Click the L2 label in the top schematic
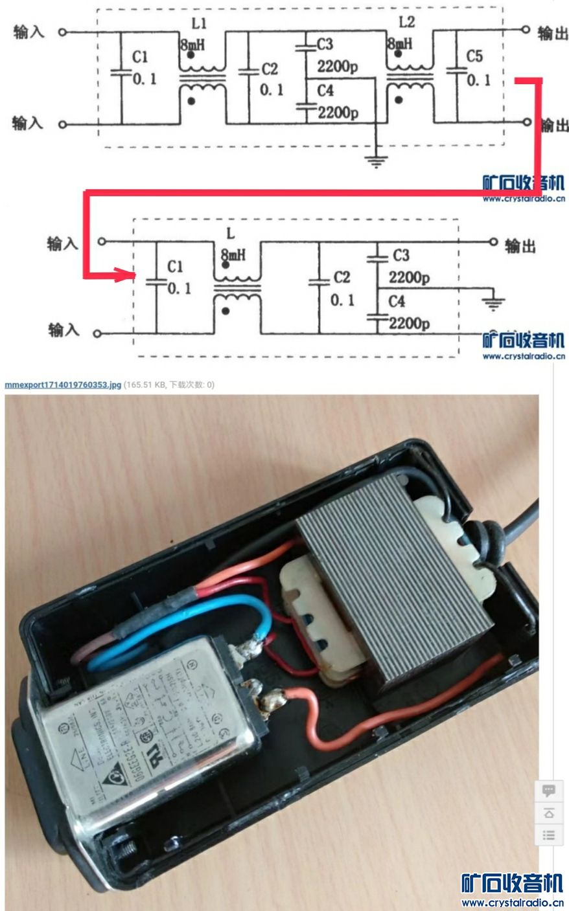(x=407, y=22)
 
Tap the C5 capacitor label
(x=474, y=57)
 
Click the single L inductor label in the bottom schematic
(x=231, y=234)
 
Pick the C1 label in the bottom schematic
(x=175, y=267)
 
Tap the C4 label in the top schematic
(x=325, y=91)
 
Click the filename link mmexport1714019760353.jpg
(x=63, y=385)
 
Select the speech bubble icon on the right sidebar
(x=548, y=791)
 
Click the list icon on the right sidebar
(x=548, y=835)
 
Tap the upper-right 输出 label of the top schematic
(x=552, y=33)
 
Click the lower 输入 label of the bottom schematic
(x=64, y=330)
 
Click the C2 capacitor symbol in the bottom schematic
(x=318, y=282)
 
